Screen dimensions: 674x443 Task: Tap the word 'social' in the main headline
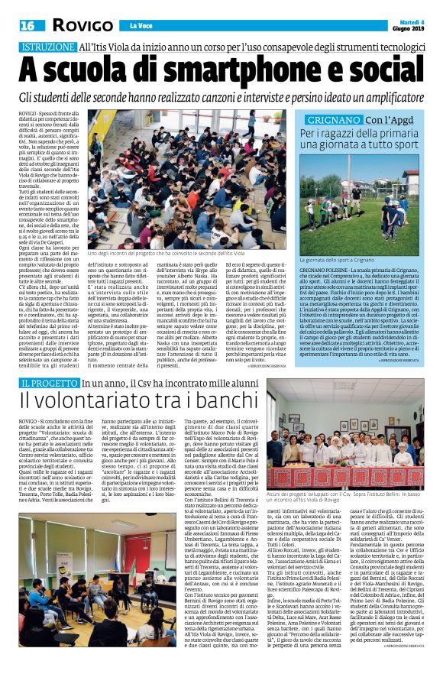(383, 70)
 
